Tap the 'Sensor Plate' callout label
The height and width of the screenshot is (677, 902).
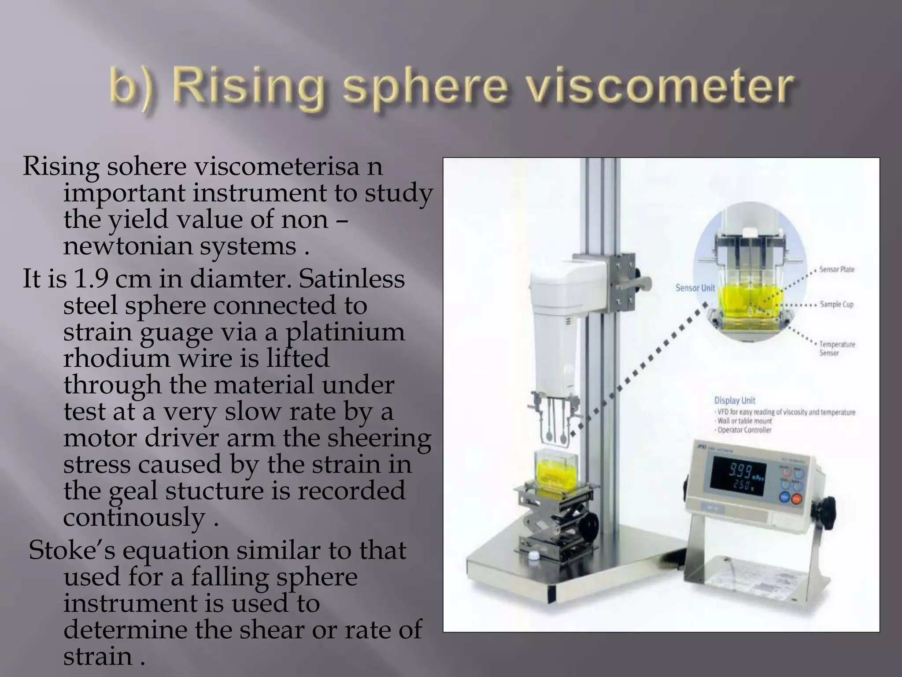837,269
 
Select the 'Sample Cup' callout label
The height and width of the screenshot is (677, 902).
836,304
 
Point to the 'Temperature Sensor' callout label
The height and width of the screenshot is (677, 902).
837,348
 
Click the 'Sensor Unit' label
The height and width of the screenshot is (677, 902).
695,288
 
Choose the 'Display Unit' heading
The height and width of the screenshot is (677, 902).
734,400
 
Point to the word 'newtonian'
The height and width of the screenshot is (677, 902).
128,246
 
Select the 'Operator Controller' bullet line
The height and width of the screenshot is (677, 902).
744,430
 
